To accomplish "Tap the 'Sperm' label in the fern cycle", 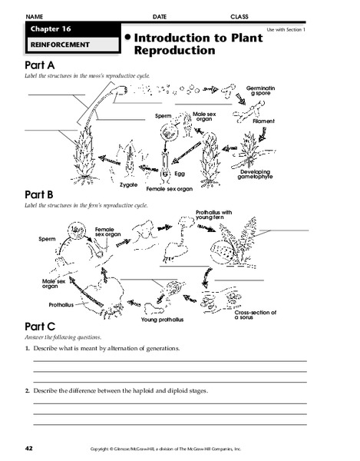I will pyautogui.click(x=48, y=240).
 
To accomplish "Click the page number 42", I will pyautogui.click(x=28, y=447).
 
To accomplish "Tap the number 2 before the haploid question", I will pyautogui.click(x=27, y=391).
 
